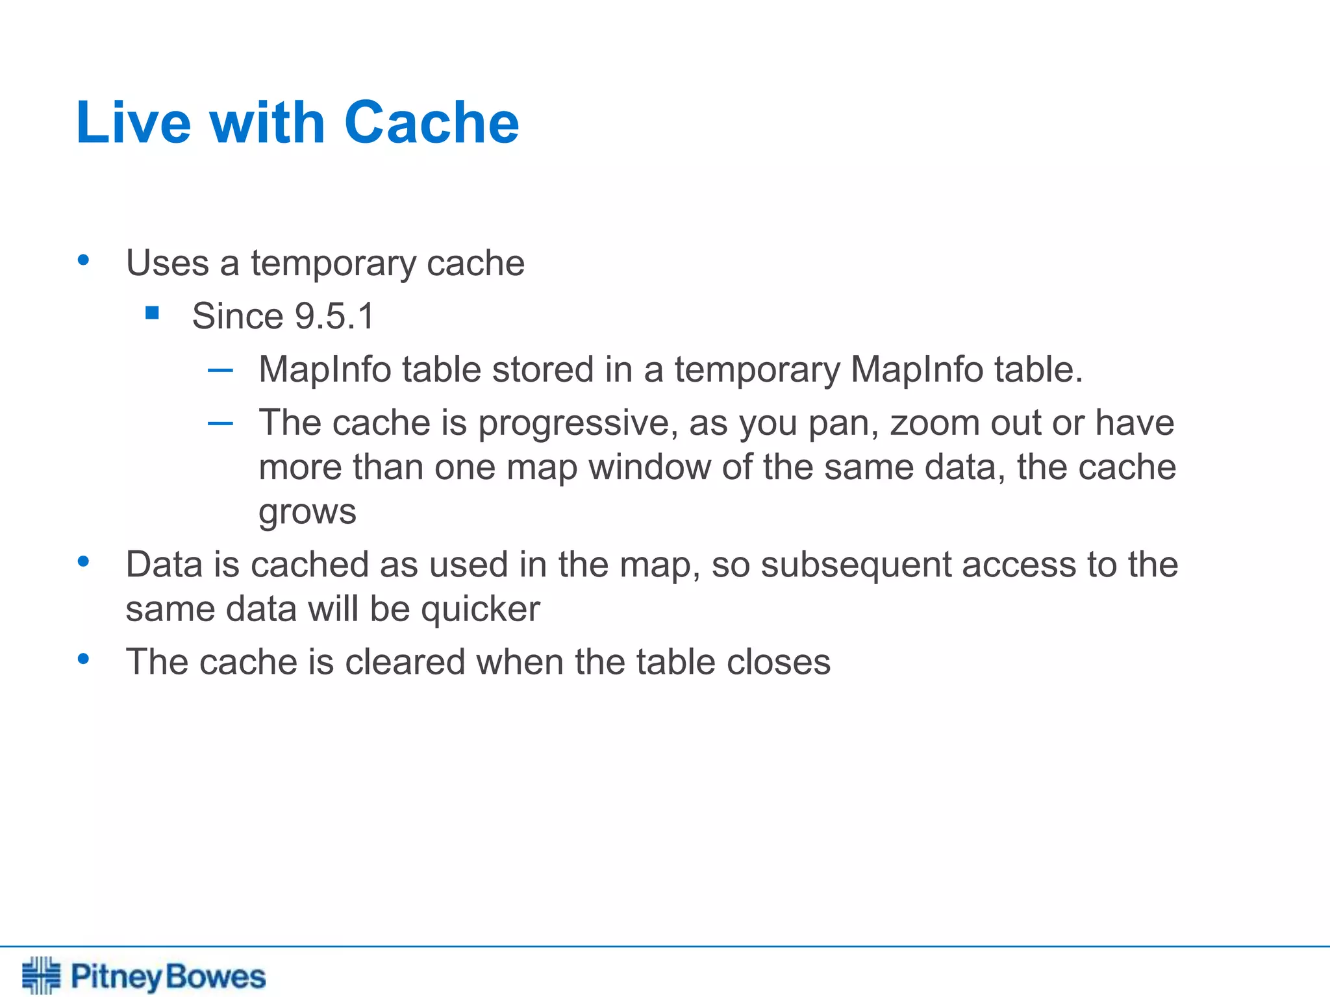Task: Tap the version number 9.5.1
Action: pyautogui.click(x=335, y=316)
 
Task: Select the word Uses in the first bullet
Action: pyautogui.click(x=168, y=263)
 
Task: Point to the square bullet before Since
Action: pyautogui.click(x=153, y=314)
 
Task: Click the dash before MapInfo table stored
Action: pyautogui.click(x=220, y=371)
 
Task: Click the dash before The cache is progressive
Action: pyautogui.click(x=220, y=424)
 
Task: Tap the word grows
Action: pyautogui.click(x=307, y=512)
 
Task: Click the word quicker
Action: pyautogui.click(x=480, y=609)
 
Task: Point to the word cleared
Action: pyautogui.click(x=405, y=662)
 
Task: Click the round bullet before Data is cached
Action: pyautogui.click(x=83, y=561)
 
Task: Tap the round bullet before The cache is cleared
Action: pyautogui.click(x=83, y=659)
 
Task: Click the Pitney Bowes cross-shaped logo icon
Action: pyautogui.click(x=41, y=975)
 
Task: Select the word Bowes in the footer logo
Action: pyautogui.click(x=216, y=977)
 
